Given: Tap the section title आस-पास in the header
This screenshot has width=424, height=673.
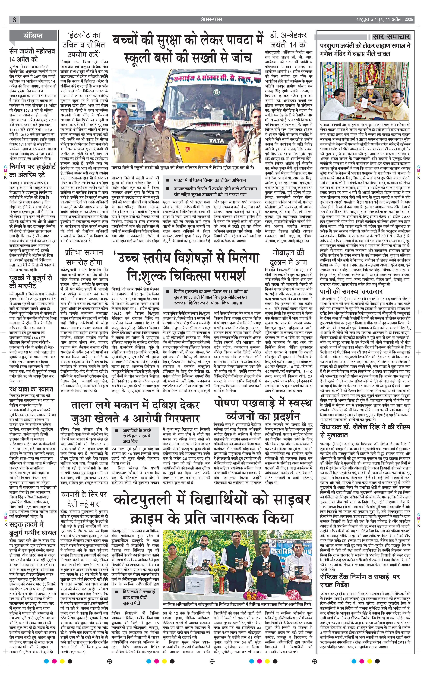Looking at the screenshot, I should coord(212,20).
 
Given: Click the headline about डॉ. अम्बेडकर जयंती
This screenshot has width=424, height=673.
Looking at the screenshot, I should coord(288,40).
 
